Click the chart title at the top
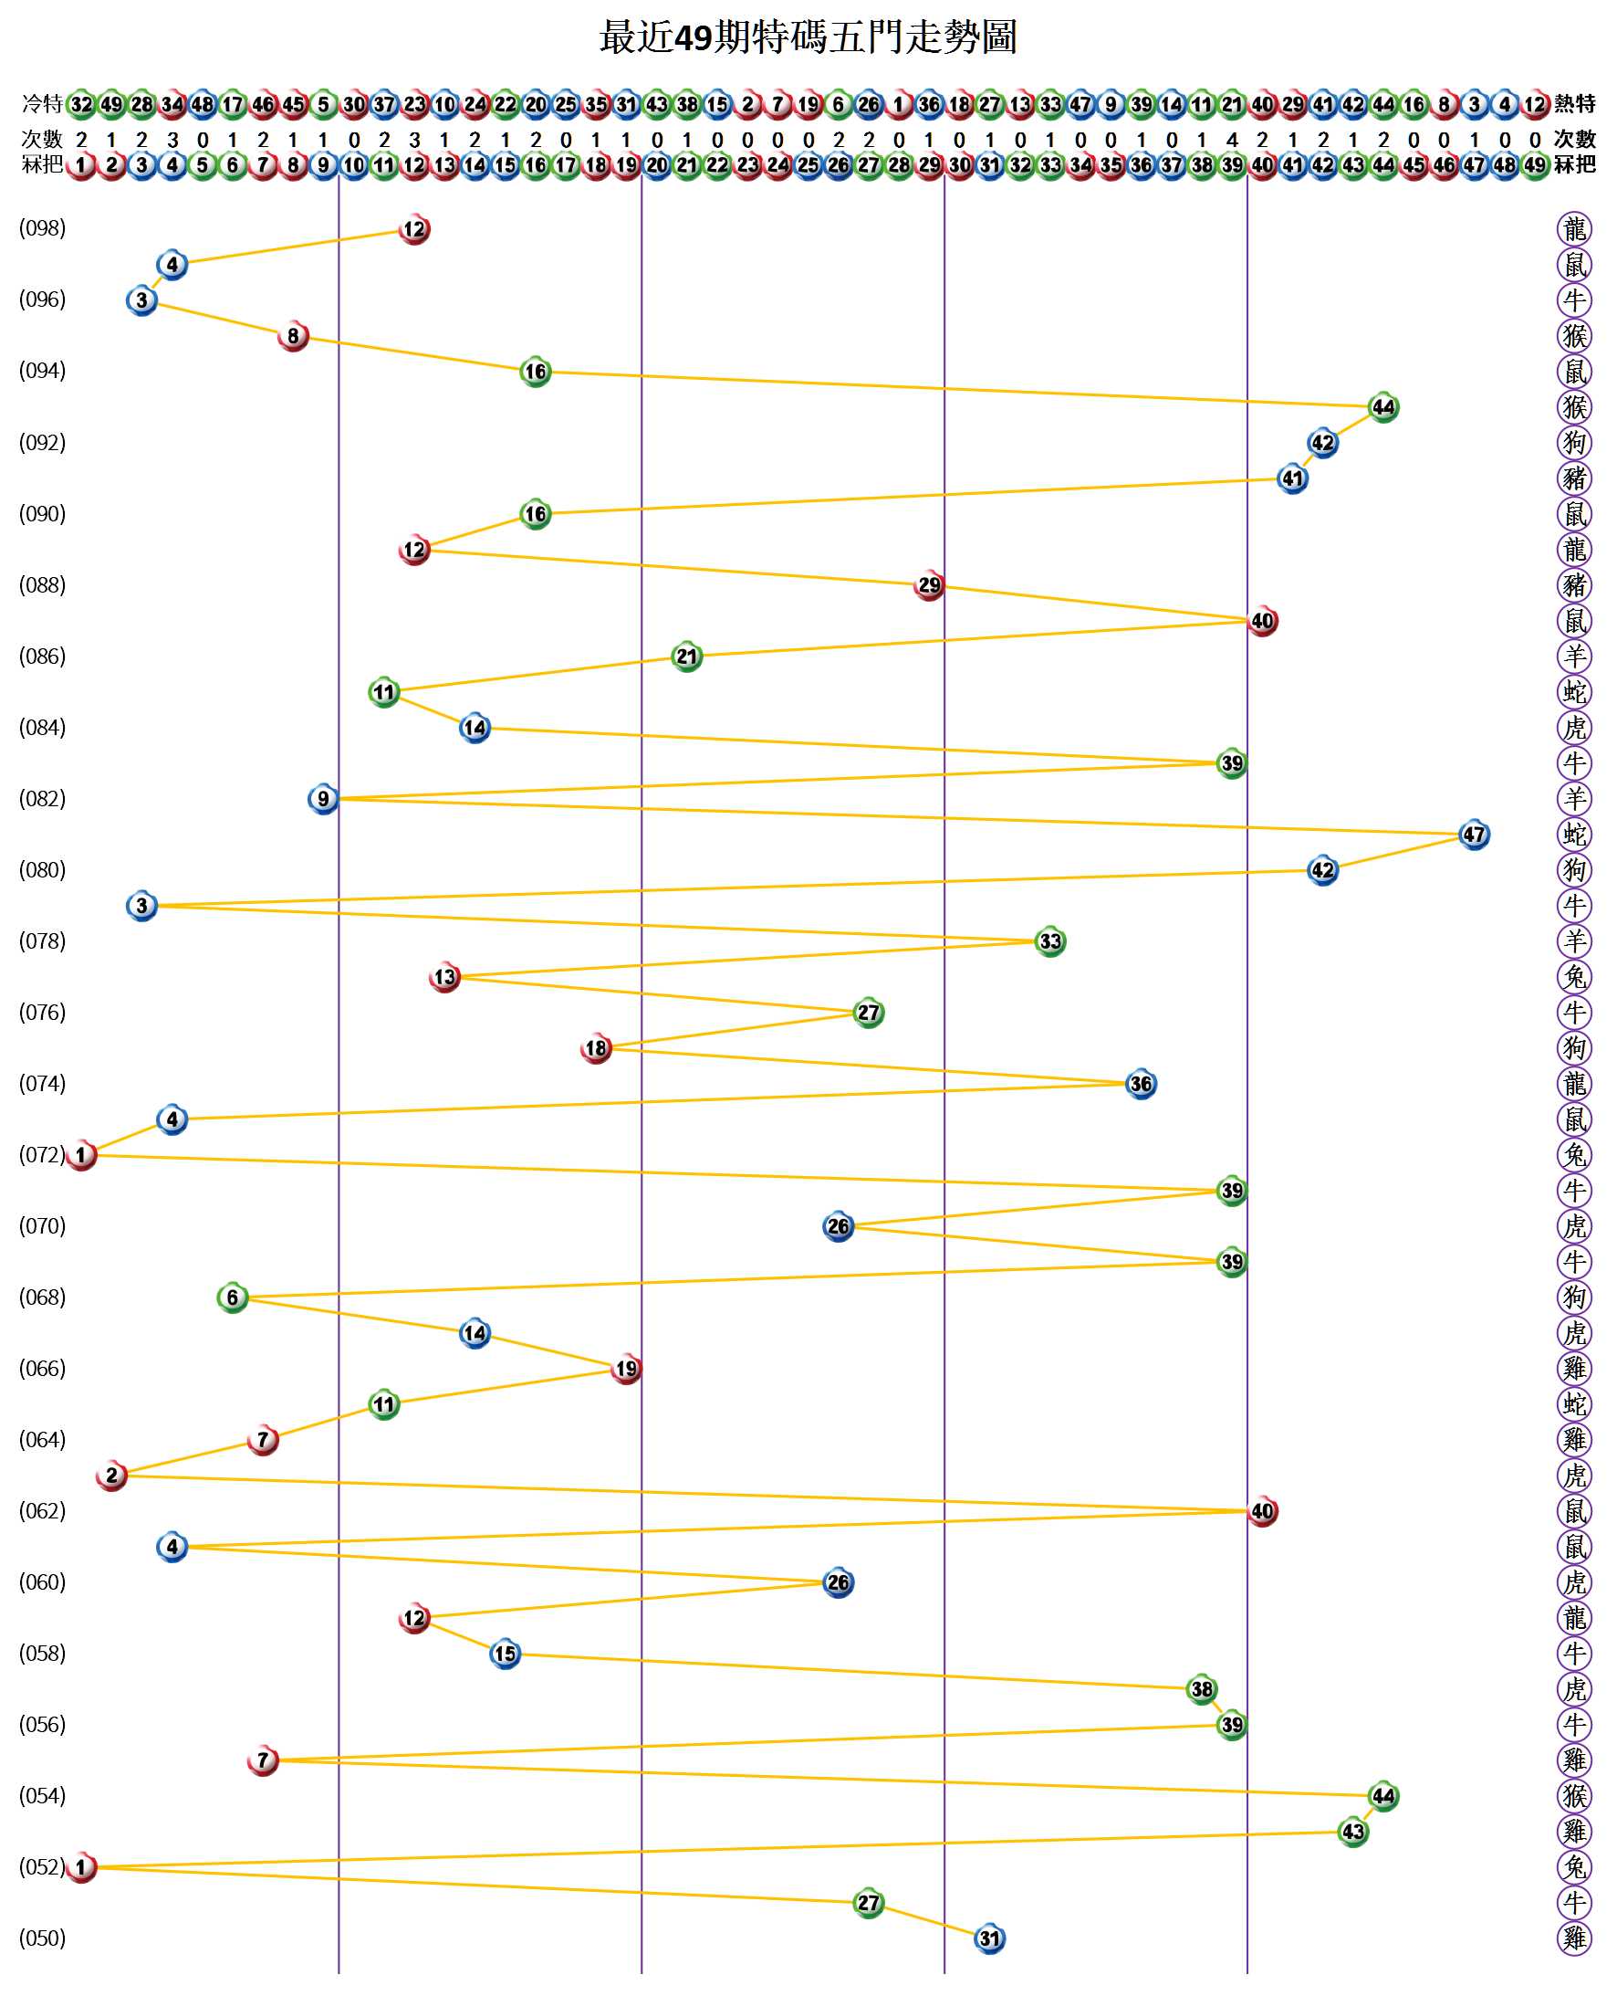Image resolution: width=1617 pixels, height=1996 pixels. click(x=808, y=38)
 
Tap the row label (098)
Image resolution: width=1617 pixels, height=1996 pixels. click(x=43, y=228)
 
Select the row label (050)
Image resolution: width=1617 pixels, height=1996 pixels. click(x=43, y=1938)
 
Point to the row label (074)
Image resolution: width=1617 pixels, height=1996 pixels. click(x=43, y=1084)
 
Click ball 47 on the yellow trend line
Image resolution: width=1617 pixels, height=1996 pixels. click(x=1474, y=834)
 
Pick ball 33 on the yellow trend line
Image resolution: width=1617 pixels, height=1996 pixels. click(x=1049, y=941)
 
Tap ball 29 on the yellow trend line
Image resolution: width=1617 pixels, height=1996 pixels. click(x=929, y=585)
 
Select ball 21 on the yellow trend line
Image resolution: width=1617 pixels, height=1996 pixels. click(x=686, y=657)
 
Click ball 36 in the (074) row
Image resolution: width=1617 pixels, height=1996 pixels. click(x=1140, y=1084)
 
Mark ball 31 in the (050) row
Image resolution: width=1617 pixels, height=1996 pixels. click(x=989, y=1938)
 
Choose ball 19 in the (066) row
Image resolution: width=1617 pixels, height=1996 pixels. click(x=626, y=1369)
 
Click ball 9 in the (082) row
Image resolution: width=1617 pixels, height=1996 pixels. click(x=323, y=799)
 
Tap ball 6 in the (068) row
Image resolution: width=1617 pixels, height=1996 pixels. click(x=233, y=1297)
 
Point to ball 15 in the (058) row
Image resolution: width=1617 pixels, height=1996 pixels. click(x=505, y=1654)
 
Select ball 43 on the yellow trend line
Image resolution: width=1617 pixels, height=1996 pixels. click(x=1352, y=1831)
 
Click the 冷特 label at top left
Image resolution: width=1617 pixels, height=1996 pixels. click(x=42, y=103)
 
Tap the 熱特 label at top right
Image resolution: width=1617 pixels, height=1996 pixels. click(x=1574, y=103)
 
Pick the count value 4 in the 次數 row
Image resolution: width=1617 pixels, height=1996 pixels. click(x=1231, y=140)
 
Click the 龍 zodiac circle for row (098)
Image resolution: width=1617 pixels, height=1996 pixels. click(x=1574, y=228)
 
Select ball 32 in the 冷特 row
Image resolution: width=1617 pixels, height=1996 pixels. click(x=82, y=103)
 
